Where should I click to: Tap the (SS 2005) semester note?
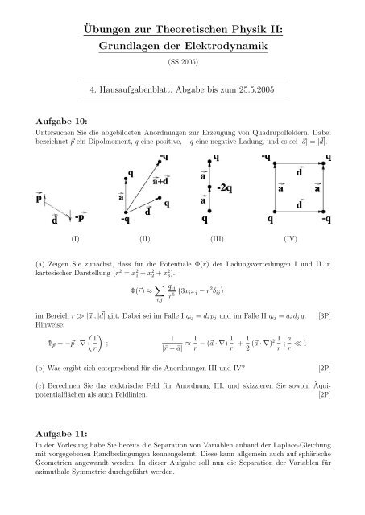click(182, 64)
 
